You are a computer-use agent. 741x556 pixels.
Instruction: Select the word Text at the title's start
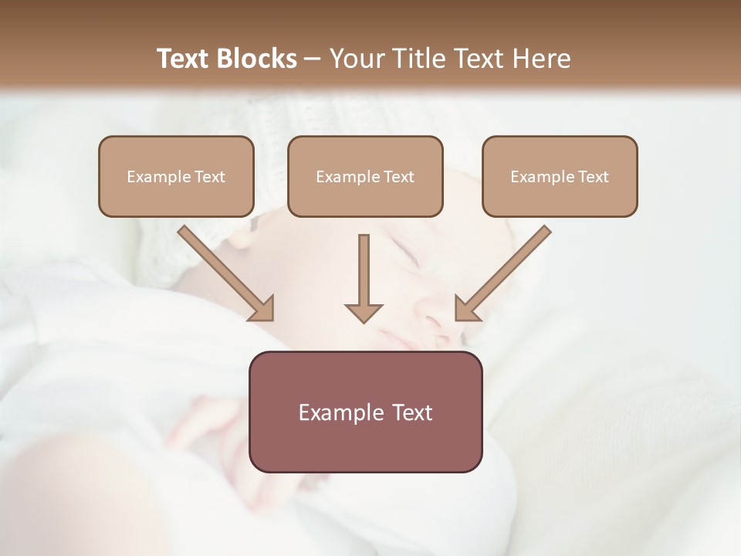[184, 59]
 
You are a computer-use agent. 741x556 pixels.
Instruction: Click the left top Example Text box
[176, 176]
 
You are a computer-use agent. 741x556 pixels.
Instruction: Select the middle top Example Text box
[365, 176]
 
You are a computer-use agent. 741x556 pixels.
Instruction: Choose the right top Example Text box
[560, 176]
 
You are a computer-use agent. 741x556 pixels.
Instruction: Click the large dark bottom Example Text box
[365, 412]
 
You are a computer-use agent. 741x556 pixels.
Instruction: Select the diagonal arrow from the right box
[505, 270]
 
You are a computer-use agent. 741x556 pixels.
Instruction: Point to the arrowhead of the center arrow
[364, 312]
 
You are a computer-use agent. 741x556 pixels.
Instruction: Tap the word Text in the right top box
[593, 177]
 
